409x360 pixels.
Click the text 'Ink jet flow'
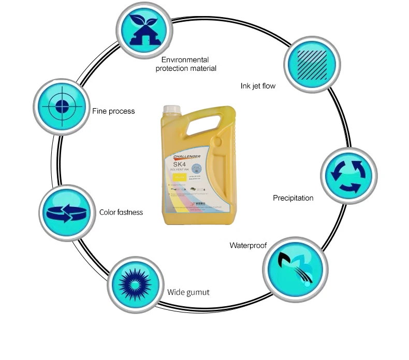258,86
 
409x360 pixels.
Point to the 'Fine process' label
113,111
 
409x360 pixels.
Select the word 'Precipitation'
293,198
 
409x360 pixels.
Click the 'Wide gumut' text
188,292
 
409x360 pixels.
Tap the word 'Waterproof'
248,245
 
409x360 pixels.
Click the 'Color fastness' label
121,212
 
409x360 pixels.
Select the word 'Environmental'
185,59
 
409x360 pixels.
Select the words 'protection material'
186,68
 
